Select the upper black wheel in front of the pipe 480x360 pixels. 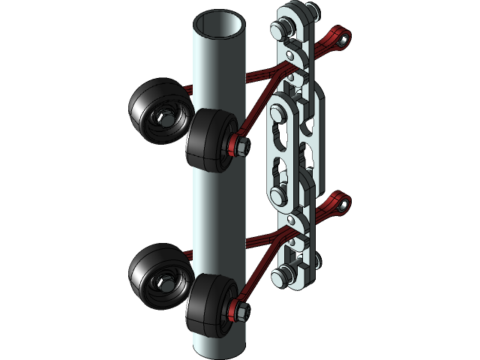[206, 140]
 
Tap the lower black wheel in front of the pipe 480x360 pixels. [206, 305]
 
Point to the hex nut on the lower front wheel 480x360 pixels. [239, 308]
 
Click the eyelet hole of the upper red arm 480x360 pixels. [344, 35]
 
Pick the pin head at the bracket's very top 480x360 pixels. [283, 28]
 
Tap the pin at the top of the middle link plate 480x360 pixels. [278, 112]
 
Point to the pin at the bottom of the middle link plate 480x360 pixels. [278, 195]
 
